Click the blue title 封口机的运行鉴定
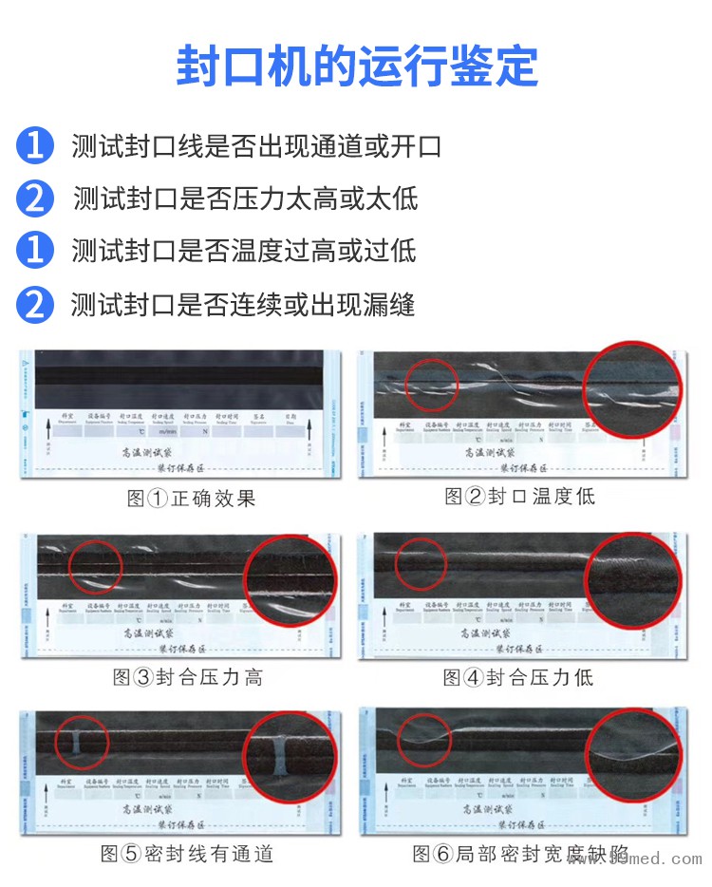click(356, 65)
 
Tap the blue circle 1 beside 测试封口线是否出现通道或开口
click(35, 146)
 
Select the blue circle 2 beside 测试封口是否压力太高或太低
click(35, 198)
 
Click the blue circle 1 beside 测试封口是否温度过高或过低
click(35, 251)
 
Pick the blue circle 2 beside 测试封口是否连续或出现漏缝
click(35, 305)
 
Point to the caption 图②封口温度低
click(520, 496)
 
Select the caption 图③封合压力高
click(188, 677)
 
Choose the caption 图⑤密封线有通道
click(187, 854)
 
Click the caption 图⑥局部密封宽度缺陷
click(520, 854)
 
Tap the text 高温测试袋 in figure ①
click(147, 454)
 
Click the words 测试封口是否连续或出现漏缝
click(243, 305)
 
